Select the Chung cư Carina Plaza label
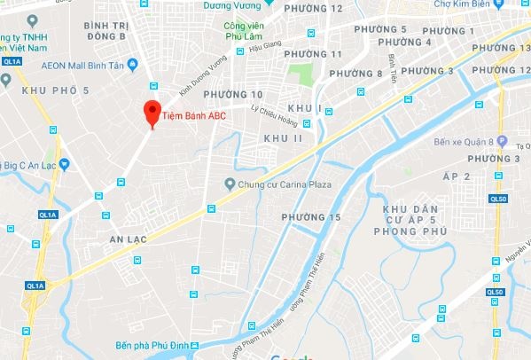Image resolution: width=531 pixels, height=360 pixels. tap(277, 185)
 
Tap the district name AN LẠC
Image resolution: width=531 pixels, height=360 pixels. tap(127, 239)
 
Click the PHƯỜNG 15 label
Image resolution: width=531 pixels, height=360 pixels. tap(310, 217)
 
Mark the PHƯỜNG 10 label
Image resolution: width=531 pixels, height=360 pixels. tap(233, 94)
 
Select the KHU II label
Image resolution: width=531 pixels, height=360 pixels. tap(283, 138)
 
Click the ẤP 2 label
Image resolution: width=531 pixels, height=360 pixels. tap(455, 176)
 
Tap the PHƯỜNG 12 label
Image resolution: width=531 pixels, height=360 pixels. tap(321, 8)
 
